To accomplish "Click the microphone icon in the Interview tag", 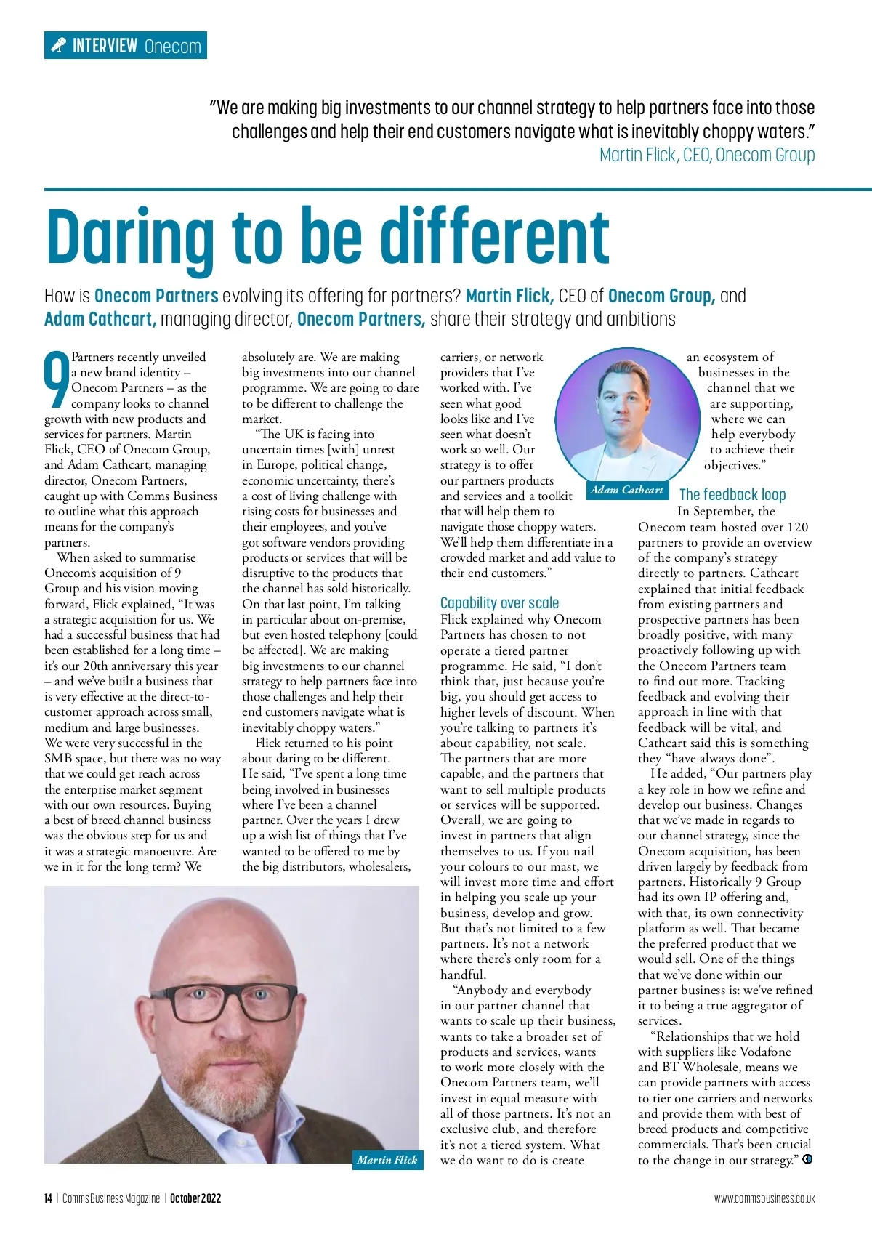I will point(58,46).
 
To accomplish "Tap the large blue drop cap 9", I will point(57,379).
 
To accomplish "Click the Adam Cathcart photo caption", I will point(626,490).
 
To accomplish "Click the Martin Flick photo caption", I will point(387,1160).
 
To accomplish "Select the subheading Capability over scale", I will point(499,602).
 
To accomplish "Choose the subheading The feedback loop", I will point(732,495).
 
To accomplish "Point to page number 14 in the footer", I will point(48,1198).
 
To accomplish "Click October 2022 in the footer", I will point(195,1198).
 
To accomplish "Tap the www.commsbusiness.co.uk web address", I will point(764,1198).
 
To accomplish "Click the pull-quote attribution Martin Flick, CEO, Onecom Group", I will point(706,155).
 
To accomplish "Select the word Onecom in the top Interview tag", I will point(172,47).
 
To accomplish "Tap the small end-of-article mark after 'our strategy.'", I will point(807,1160).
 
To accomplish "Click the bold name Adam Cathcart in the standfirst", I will point(100,319).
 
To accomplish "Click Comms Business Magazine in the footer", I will point(110,1198).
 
